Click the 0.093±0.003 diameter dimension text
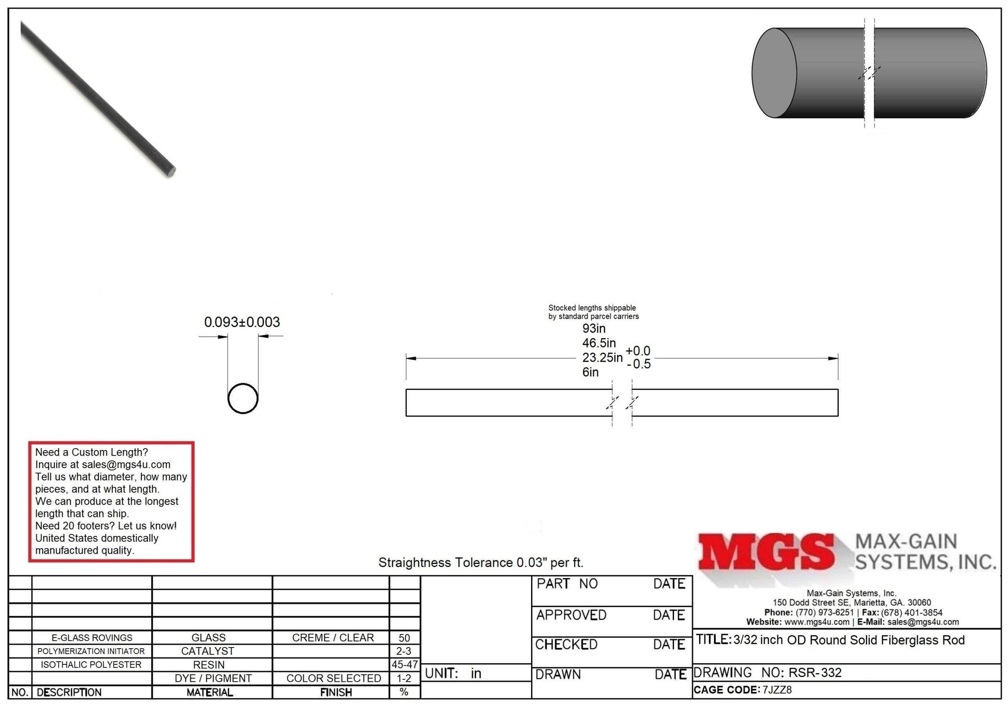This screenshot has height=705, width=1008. pyautogui.click(x=242, y=322)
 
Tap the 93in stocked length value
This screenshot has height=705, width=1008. pyautogui.click(x=593, y=328)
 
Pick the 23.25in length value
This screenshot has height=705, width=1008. pyautogui.click(x=602, y=357)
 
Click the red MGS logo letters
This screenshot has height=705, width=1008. pyautogui.click(x=766, y=552)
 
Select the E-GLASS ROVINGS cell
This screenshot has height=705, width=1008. pyautogui.click(x=92, y=638)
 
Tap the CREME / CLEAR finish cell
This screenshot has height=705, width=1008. pyautogui.click(x=333, y=638)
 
